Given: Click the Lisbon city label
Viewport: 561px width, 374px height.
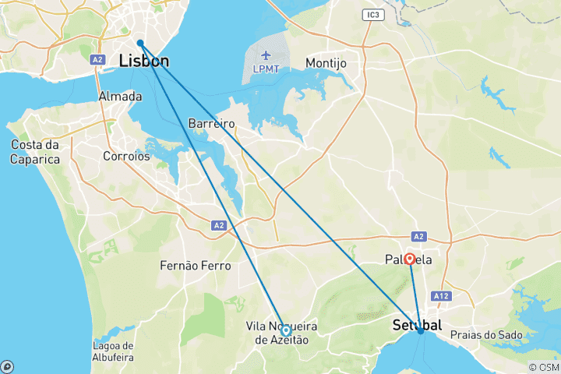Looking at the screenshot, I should [x=144, y=61].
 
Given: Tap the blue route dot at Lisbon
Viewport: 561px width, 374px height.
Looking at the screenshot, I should [x=140, y=43].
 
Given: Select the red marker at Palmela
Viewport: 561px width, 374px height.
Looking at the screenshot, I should [x=410, y=259].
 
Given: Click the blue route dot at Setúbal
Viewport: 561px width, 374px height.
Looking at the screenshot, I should [x=421, y=331].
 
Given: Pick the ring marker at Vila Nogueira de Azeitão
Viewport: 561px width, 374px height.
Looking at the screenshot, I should [x=286, y=330].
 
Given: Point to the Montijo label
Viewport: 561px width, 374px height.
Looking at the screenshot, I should [x=330, y=62].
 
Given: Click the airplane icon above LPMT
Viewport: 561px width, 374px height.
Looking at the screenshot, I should [x=267, y=55].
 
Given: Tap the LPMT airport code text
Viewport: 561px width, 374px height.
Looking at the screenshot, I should [x=267, y=69].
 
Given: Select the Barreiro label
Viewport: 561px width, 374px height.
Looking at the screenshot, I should [x=212, y=123].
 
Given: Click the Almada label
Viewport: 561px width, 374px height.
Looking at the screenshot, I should [x=120, y=97].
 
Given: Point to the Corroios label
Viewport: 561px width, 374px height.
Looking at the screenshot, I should [x=126, y=156].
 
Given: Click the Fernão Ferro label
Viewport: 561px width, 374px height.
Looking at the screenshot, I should [x=195, y=266].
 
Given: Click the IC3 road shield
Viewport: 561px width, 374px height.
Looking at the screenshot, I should [x=373, y=15].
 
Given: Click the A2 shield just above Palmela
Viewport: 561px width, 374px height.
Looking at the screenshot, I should [x=418, y=236].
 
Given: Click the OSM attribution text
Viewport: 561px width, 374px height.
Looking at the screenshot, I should [x=545, y=367].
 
